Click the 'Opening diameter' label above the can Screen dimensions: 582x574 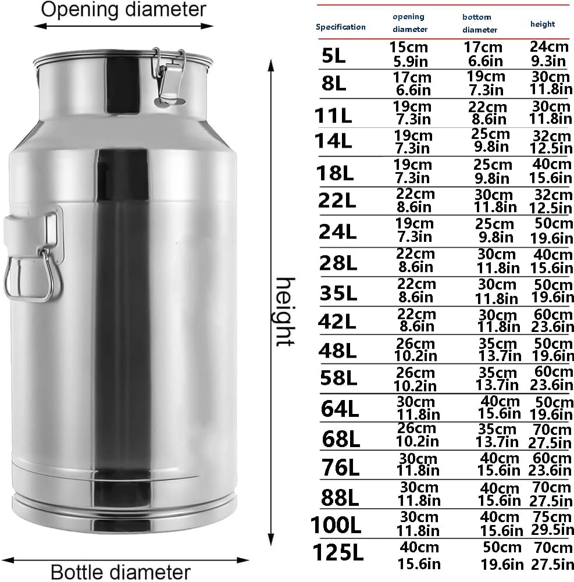point(124,9)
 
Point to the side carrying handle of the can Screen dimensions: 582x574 point(32,256)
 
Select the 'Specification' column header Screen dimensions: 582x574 point(341,27)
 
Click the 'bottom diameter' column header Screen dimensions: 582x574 point(480,23)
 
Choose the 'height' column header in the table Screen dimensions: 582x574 point(542,24)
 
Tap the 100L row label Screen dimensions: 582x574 point(336,524)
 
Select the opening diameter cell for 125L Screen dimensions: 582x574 point(419,555)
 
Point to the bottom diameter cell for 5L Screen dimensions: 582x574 point(483,53)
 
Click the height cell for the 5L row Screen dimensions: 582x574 point(548,53)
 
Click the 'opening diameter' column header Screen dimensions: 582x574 point(410,23)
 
